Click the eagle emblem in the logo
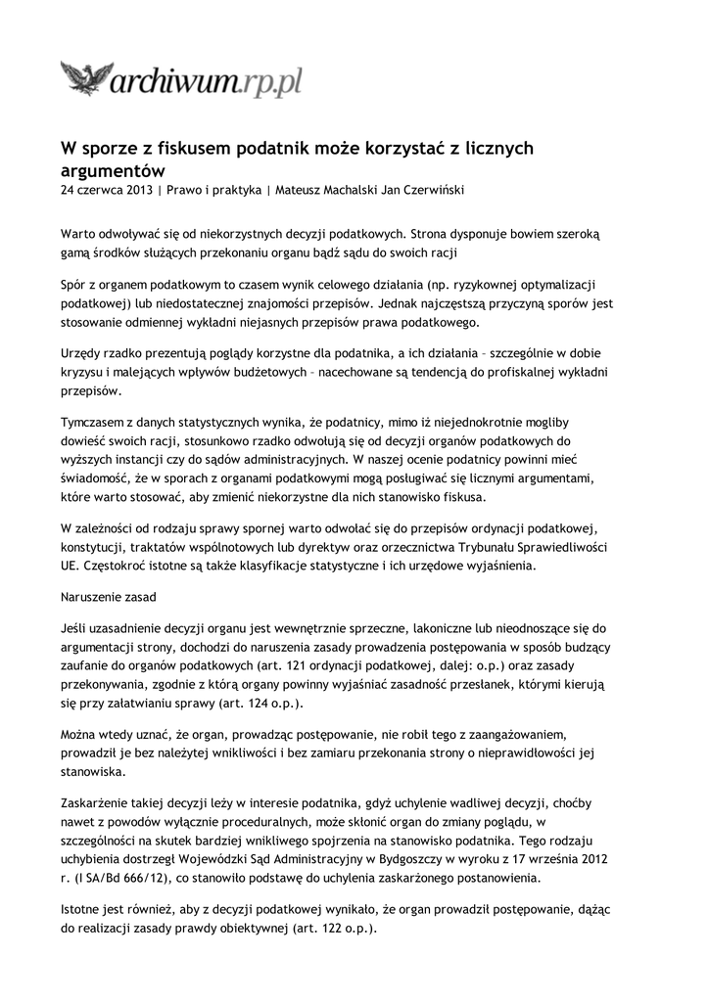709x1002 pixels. [87, 76]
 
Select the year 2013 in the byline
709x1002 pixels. [138, 190]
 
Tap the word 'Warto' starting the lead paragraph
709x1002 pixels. [79, 235]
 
